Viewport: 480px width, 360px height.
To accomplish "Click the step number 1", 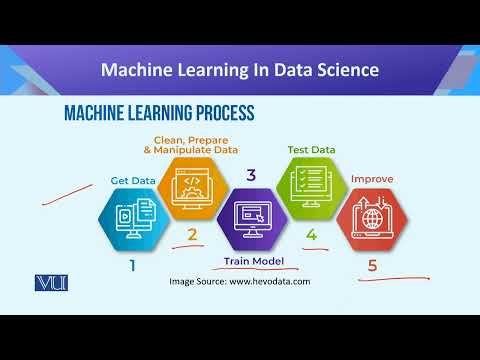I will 132,267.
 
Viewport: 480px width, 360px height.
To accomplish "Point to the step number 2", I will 192,236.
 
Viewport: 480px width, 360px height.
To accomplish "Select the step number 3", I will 250,175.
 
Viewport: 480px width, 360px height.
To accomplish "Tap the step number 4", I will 311,236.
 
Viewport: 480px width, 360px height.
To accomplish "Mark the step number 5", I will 372,267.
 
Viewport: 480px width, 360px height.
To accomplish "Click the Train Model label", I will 253,261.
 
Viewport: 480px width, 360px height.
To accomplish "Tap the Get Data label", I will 133,181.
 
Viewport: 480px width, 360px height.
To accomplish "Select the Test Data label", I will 311,149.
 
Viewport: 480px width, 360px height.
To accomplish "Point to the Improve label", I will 371,179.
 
